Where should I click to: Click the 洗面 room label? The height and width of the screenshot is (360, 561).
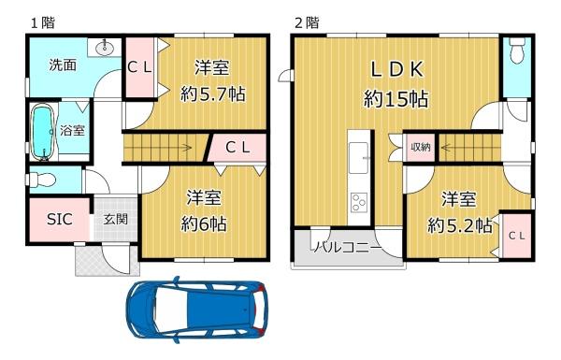tap(64, 66)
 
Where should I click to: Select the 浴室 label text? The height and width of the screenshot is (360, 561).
tap(72, 131)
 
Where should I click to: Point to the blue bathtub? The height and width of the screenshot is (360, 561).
tap(42, 132)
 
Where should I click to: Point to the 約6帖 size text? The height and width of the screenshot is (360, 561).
tap(203, 224)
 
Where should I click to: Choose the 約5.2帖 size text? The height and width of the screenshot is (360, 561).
tap(460, 224)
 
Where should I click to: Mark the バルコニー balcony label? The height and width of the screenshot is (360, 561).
tap(346, 248)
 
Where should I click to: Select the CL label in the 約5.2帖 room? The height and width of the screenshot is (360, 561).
tap(515, 237)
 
